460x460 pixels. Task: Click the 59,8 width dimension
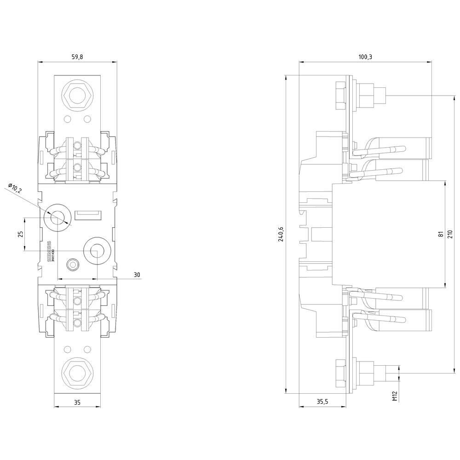[77, 57]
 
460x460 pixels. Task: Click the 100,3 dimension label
[365, 57]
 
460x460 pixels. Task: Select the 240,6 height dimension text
[281, 234]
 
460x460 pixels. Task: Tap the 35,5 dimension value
[322, 402]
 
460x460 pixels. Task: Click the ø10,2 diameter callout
[15, 189]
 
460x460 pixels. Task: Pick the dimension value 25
[20, 234]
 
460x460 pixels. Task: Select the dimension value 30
[137, 275]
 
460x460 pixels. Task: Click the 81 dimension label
[441, 234]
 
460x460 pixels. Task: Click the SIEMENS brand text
[50, 251]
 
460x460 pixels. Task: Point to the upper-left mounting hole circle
[57, 217]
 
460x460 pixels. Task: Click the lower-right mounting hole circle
[97, 251]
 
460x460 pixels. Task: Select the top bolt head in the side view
[340, 96]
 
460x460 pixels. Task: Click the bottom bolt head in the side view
[340, 372]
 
